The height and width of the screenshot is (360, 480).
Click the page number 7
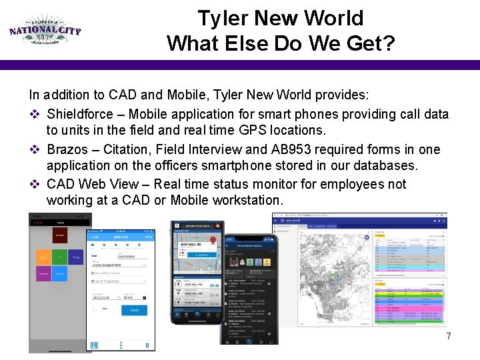coord(449,336)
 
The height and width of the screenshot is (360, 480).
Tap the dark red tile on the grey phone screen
coord(59,235)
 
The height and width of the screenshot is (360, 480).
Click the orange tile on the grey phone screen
coord(43,257)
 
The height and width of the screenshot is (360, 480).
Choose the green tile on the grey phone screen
coord(60,257)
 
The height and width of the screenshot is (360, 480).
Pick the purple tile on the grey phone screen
coord(43,274)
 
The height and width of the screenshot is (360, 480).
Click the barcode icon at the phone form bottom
coord(94,345)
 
